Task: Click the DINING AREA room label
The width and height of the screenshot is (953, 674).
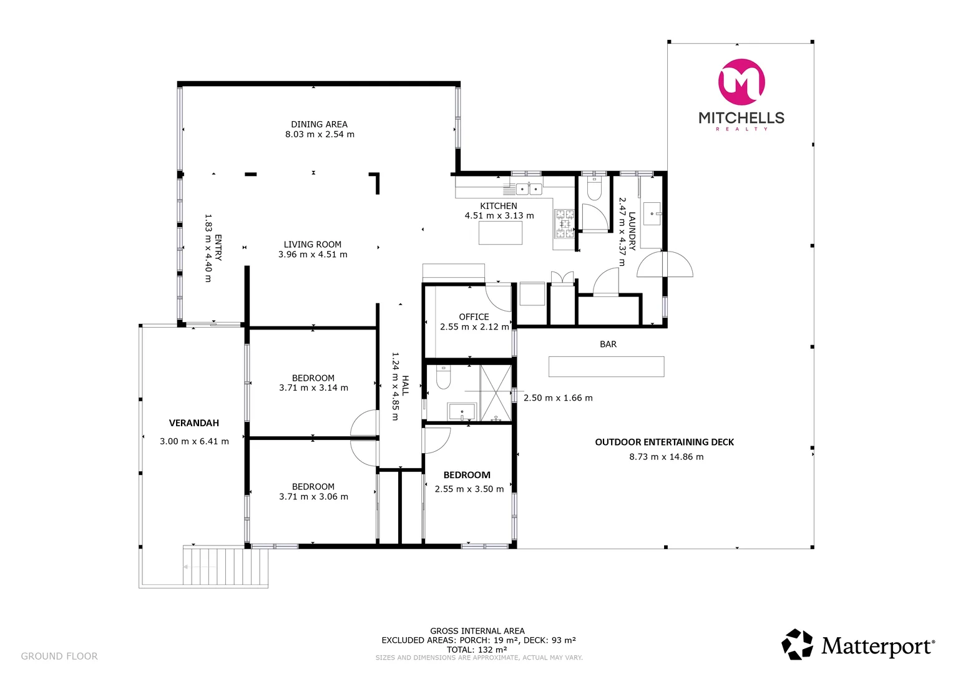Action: point(319,124)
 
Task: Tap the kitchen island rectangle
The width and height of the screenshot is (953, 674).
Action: point(500,233)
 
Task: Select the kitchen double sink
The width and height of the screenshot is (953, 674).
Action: point(529,188)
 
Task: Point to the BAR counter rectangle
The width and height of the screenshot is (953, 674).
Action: point(606,366)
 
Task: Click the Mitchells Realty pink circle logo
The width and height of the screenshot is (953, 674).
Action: point(741,82)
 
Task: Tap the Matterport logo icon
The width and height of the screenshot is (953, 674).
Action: point(798,644)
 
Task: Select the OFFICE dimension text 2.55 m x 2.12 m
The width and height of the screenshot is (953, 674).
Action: point(474,327)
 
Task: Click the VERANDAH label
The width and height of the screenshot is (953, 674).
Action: point(194,423)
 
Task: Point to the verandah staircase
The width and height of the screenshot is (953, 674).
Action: point(225,567)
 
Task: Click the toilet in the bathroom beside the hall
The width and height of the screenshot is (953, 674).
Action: point(443,377)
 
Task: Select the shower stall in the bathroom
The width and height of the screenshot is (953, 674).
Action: point(496,393)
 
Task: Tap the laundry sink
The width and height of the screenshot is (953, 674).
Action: point(653,213)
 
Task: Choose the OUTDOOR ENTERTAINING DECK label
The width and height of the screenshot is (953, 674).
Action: point(664,442)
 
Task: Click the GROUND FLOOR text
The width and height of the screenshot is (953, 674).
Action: point(59,656)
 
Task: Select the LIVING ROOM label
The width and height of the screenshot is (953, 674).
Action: point(313,245)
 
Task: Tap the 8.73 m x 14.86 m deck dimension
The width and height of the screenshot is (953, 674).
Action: point(666,457)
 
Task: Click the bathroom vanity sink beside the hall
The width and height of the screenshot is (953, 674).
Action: point(462,412)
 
